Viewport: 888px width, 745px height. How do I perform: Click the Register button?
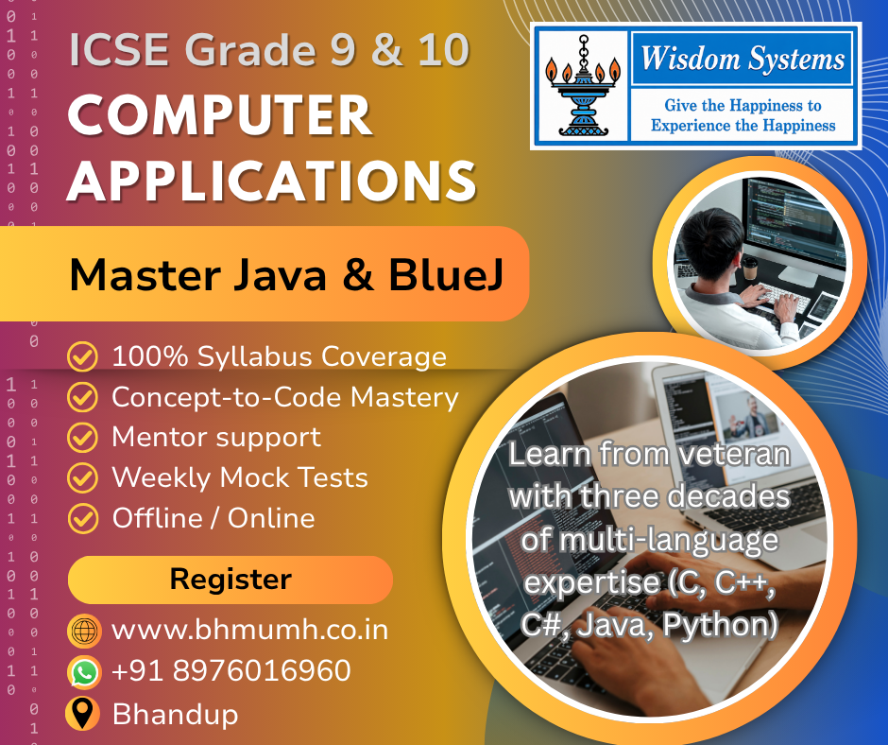pos(230,580)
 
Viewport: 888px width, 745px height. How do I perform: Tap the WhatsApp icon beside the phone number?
pos(84,672)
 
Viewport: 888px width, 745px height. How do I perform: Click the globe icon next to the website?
pos(84,631)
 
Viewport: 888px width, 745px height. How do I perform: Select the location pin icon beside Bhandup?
pos(83,713)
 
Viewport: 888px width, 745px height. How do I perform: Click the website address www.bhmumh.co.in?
pos(249,630)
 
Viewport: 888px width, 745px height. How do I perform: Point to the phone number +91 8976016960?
pos(231,670)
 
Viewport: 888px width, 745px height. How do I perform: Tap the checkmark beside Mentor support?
pos(83,437)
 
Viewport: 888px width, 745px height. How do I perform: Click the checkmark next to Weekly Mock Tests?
pos(83,477)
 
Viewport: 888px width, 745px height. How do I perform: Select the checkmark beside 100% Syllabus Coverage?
pos(83,356)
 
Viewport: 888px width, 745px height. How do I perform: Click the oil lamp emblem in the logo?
pos(583,86)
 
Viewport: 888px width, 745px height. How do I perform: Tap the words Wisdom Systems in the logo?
pos(743,59)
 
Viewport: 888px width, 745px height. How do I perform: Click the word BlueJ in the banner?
pos(446,275)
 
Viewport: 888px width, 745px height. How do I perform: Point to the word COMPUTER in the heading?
pos(220,115)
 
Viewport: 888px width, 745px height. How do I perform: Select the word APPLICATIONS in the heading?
pos(272,181)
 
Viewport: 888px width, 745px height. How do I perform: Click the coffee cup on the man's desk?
pos(750,269)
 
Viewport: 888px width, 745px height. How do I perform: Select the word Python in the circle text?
pos(720,624)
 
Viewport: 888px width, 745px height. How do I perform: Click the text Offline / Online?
pos(213,518)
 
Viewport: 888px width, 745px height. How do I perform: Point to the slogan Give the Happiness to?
pos(743,106)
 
